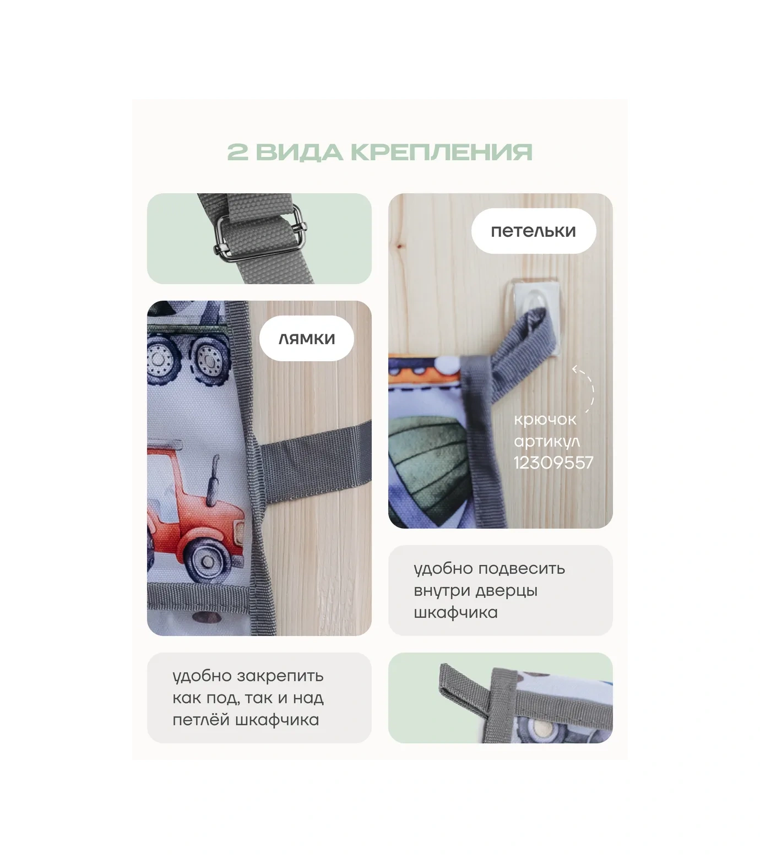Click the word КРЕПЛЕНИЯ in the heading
[x=442, y=152]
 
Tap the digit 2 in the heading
[x=237, y=152]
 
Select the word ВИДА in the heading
[x=299, y=153]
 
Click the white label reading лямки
[x=306, y=338]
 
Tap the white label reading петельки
[x=533, y=231]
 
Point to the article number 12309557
[x=553, y=462]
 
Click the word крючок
[x=545, y=420]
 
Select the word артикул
[x=546, y=441]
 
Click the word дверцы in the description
[x=506, y=590]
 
